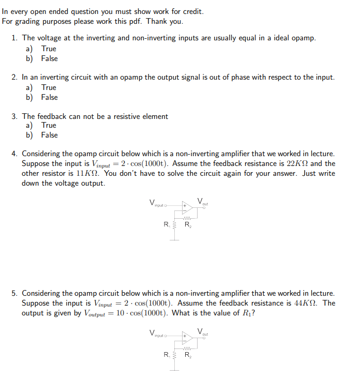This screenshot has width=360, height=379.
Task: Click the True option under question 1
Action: [49, 49]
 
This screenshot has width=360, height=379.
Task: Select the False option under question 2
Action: [49, 97]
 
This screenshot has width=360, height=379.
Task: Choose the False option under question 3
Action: [49, 135]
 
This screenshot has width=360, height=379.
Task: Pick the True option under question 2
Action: [49, 87]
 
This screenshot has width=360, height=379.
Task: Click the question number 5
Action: [16, 293]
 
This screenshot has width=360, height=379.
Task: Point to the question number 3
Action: [16, 116]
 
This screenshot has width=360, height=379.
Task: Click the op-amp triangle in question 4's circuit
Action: [187, 208]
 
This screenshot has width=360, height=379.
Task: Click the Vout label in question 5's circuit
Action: [202, 331]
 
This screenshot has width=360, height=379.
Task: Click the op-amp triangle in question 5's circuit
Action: [187, 338]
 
